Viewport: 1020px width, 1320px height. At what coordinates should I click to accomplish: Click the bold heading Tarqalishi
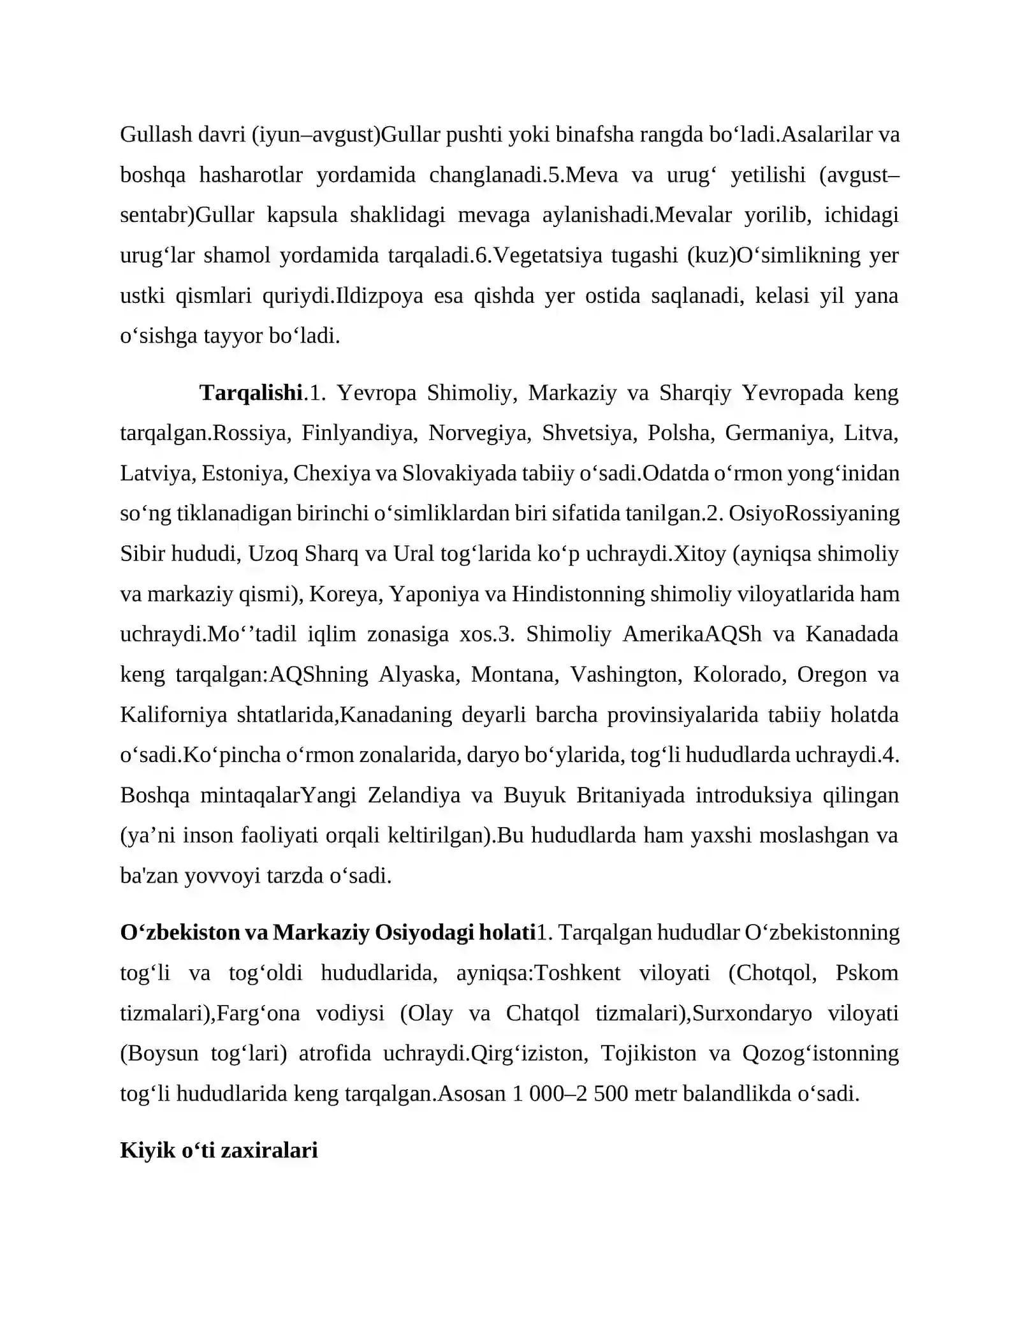coord(251,392)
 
